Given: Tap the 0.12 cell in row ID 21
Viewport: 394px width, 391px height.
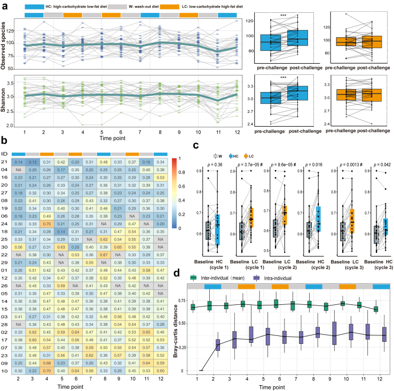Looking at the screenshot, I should click(x=33, y=161).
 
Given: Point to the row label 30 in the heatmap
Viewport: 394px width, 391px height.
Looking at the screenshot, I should click(x=5, y=248).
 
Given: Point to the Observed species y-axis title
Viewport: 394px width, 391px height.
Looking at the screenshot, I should click(x=5, y=43).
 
